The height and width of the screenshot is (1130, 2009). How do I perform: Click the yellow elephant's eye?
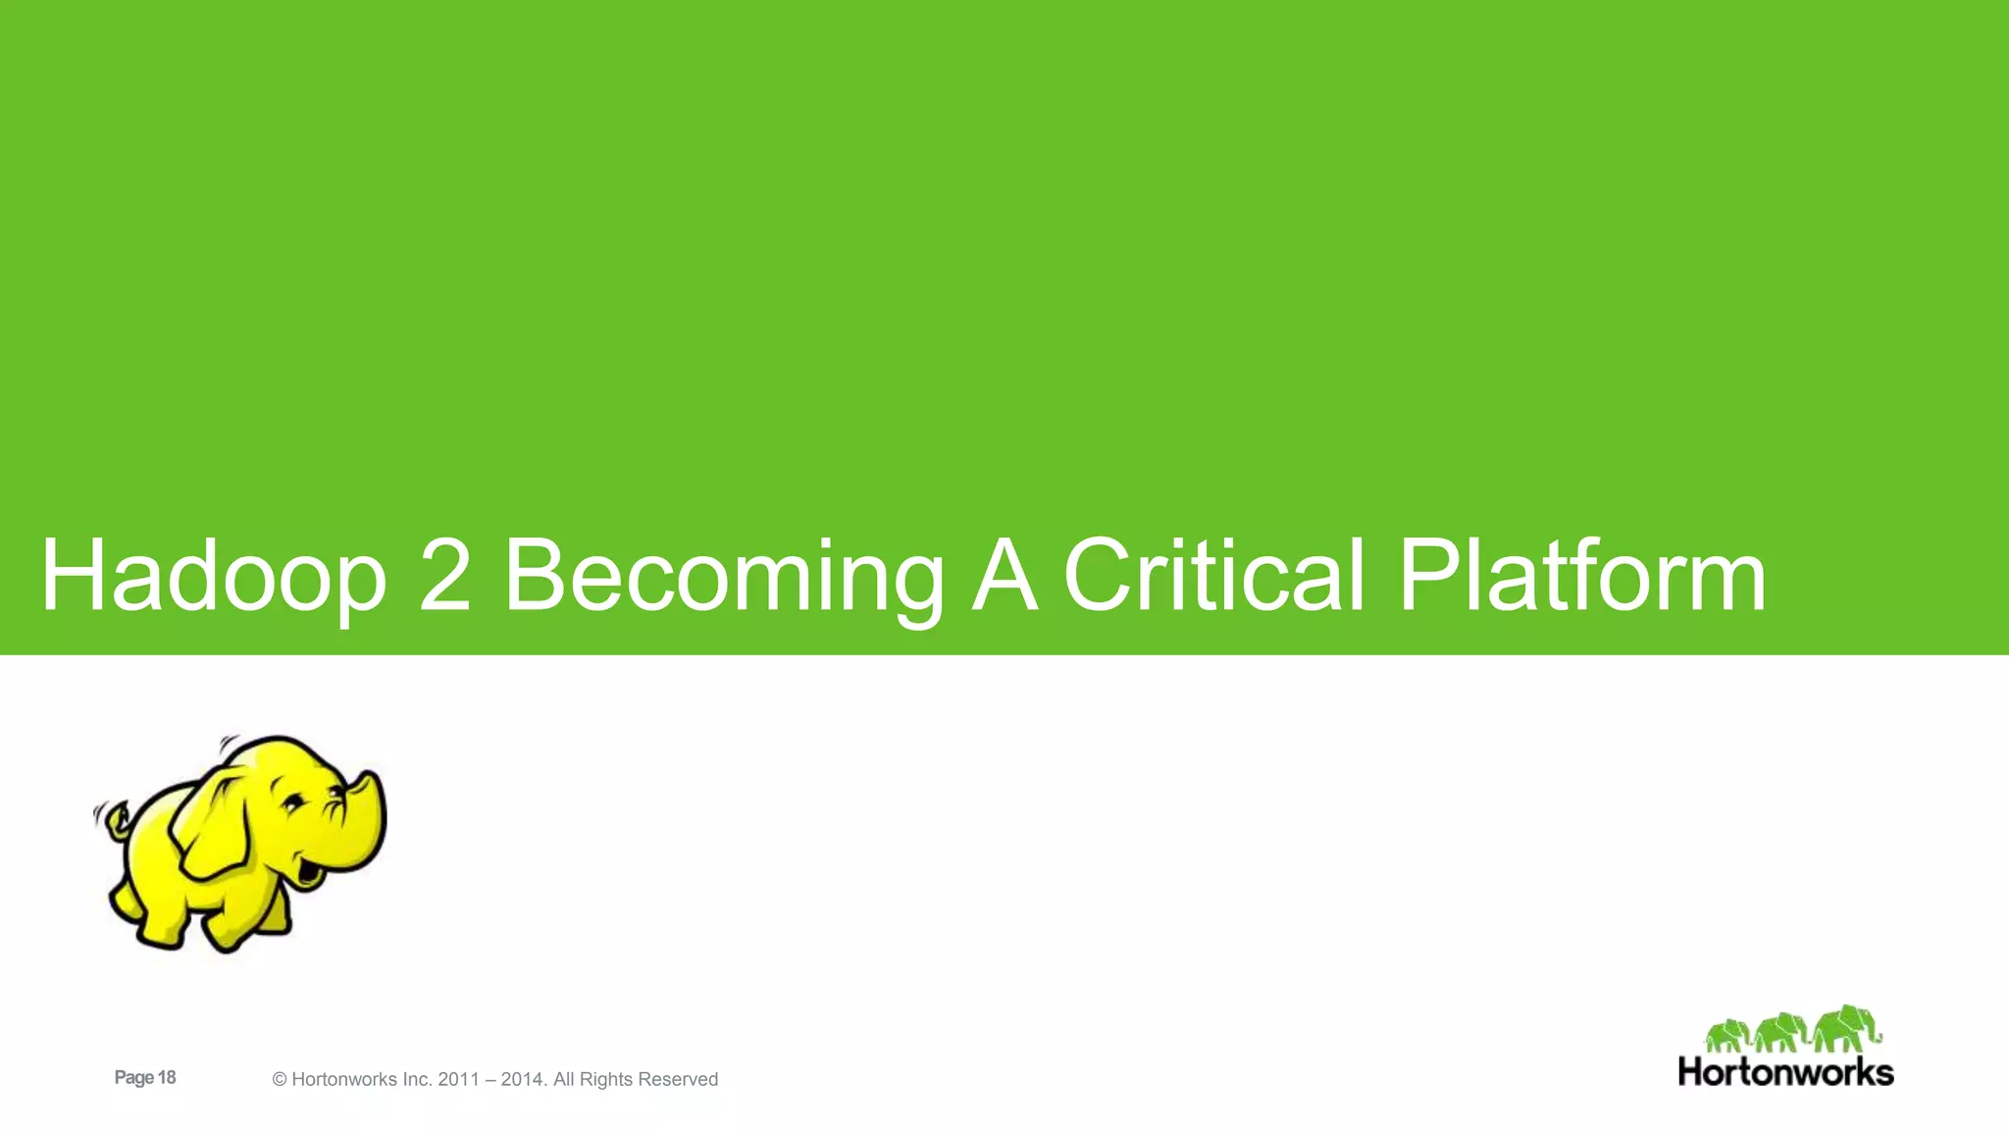click(x=292, y=803)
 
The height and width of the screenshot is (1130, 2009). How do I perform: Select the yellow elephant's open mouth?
click(x=312, y=870)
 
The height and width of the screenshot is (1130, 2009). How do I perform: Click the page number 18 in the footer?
click(x=167, y=1077)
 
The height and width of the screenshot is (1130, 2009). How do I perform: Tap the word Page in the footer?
click(x=134, y=1077)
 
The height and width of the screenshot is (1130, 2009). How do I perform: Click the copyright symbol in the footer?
click(x=280, y=1080)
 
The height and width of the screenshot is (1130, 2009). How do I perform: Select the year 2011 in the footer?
click(x=458, y=1079)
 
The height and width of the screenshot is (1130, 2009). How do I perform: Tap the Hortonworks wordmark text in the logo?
click(x=1785, y=1071)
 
